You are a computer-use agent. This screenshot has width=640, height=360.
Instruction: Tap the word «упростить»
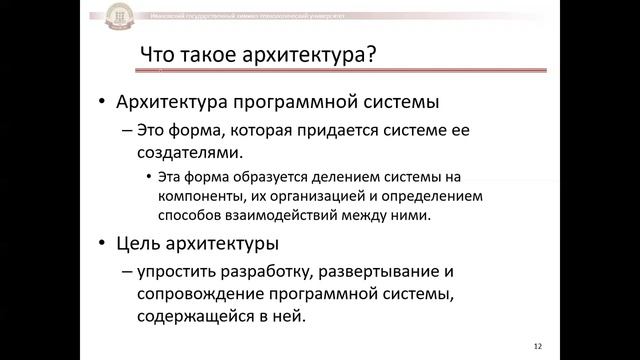(182, 271)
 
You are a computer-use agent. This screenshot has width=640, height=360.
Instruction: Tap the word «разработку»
(275, 271)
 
